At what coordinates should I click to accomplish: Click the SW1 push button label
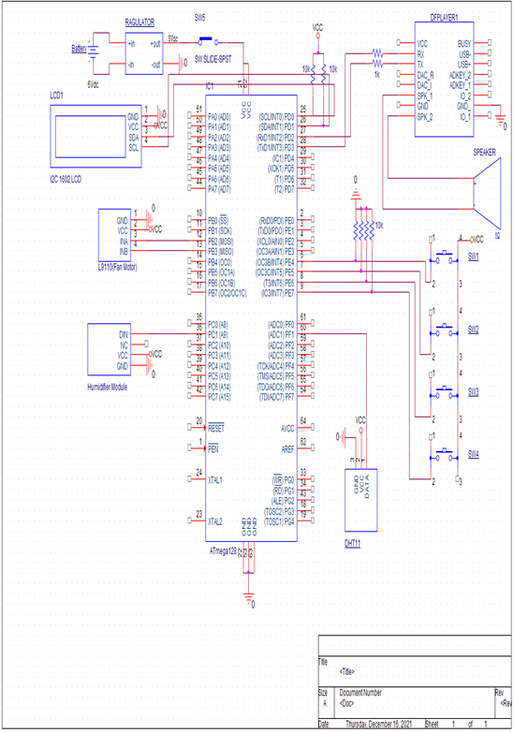pyautogui.click(x=474, y=256)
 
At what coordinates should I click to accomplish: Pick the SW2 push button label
pyautogui.click(x=474, y=330)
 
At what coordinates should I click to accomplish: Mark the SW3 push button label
pyautogui.click(x=474, y=392)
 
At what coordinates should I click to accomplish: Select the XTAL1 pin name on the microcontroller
pyautogui.click(x=215, y=479)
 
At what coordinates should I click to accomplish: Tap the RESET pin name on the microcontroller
pyautogui.click(x=216, y=427)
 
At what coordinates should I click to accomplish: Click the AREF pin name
pyautogui.click(x=286, y=448)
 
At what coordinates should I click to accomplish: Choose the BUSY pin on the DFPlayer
pyautogui.click(x=465, y=43)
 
